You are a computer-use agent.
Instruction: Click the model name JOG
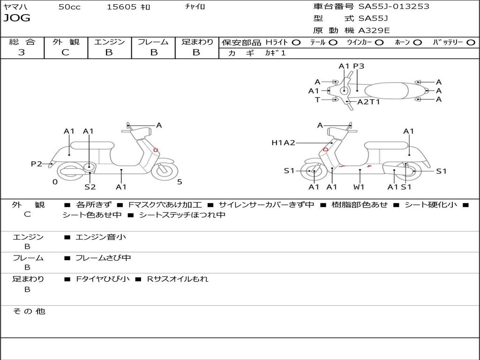17,18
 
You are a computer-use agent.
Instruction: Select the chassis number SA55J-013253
394,6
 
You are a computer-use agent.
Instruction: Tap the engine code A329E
374,30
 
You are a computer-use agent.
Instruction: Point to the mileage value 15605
121,7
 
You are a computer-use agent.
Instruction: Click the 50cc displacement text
69,7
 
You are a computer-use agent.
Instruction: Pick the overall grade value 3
22,52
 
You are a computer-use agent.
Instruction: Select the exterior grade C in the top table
65,52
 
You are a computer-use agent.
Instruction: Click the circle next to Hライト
296,43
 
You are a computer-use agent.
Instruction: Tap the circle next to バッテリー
471,43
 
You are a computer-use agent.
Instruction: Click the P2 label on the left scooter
37,164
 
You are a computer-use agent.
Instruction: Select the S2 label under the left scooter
90,187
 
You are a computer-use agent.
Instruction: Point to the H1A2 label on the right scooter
283,142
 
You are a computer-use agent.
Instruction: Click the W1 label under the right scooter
359,187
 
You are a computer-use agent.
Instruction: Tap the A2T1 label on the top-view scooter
368,102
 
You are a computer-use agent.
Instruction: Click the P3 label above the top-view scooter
359,66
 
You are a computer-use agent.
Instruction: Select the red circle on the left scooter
156,150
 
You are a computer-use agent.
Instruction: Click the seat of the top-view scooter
386,91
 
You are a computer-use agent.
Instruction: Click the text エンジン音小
100,237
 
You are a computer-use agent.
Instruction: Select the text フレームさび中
103,258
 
